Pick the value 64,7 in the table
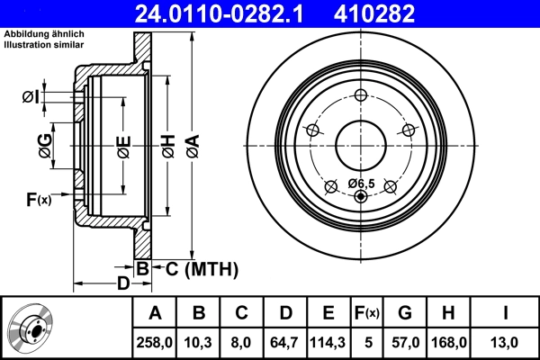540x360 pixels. (285, 342)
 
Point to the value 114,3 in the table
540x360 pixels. (328, 342)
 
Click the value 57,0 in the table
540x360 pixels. (405, 342)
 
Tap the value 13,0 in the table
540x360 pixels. (506, 342)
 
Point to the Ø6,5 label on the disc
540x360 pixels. (361, 184)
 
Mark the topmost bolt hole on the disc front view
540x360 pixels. (361, 96)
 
